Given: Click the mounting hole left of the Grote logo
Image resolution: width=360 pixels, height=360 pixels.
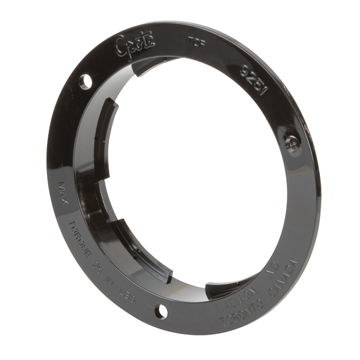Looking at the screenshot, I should [x=85, y=82].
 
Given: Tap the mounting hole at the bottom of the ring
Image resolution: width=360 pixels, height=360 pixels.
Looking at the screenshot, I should [x=162, y=311].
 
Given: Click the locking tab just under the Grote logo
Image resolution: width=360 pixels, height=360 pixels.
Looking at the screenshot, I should [x=150, y=65].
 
